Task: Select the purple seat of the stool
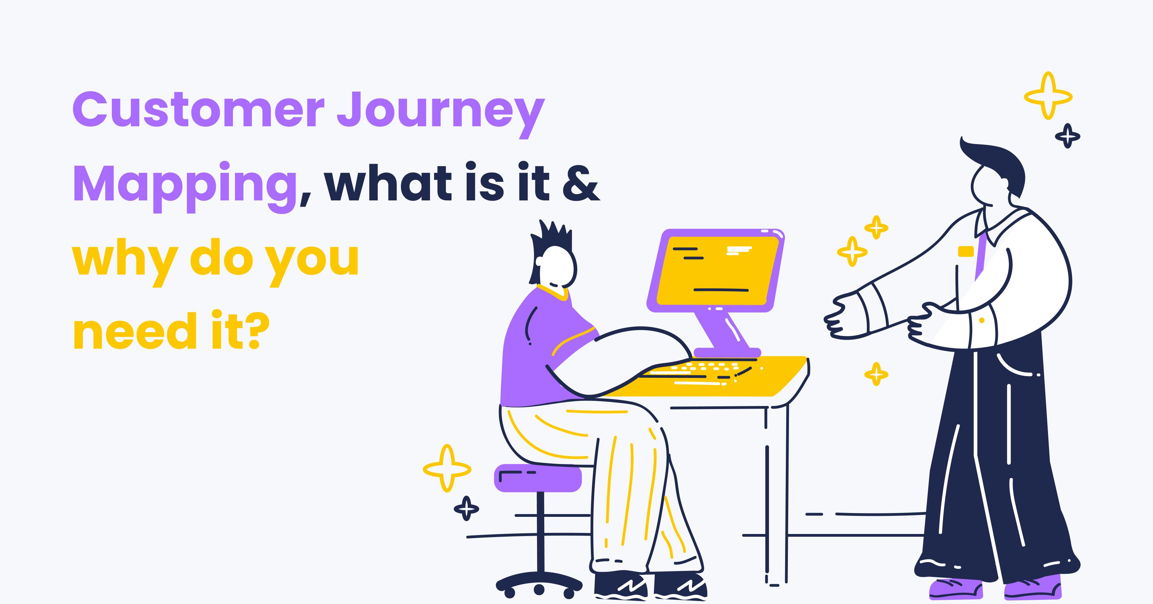(537, 478)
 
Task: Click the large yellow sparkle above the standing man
(1048, 96)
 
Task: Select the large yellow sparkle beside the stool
(447, 468)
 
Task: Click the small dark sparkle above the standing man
(1068, 136)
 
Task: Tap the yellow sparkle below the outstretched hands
(876, 374)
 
